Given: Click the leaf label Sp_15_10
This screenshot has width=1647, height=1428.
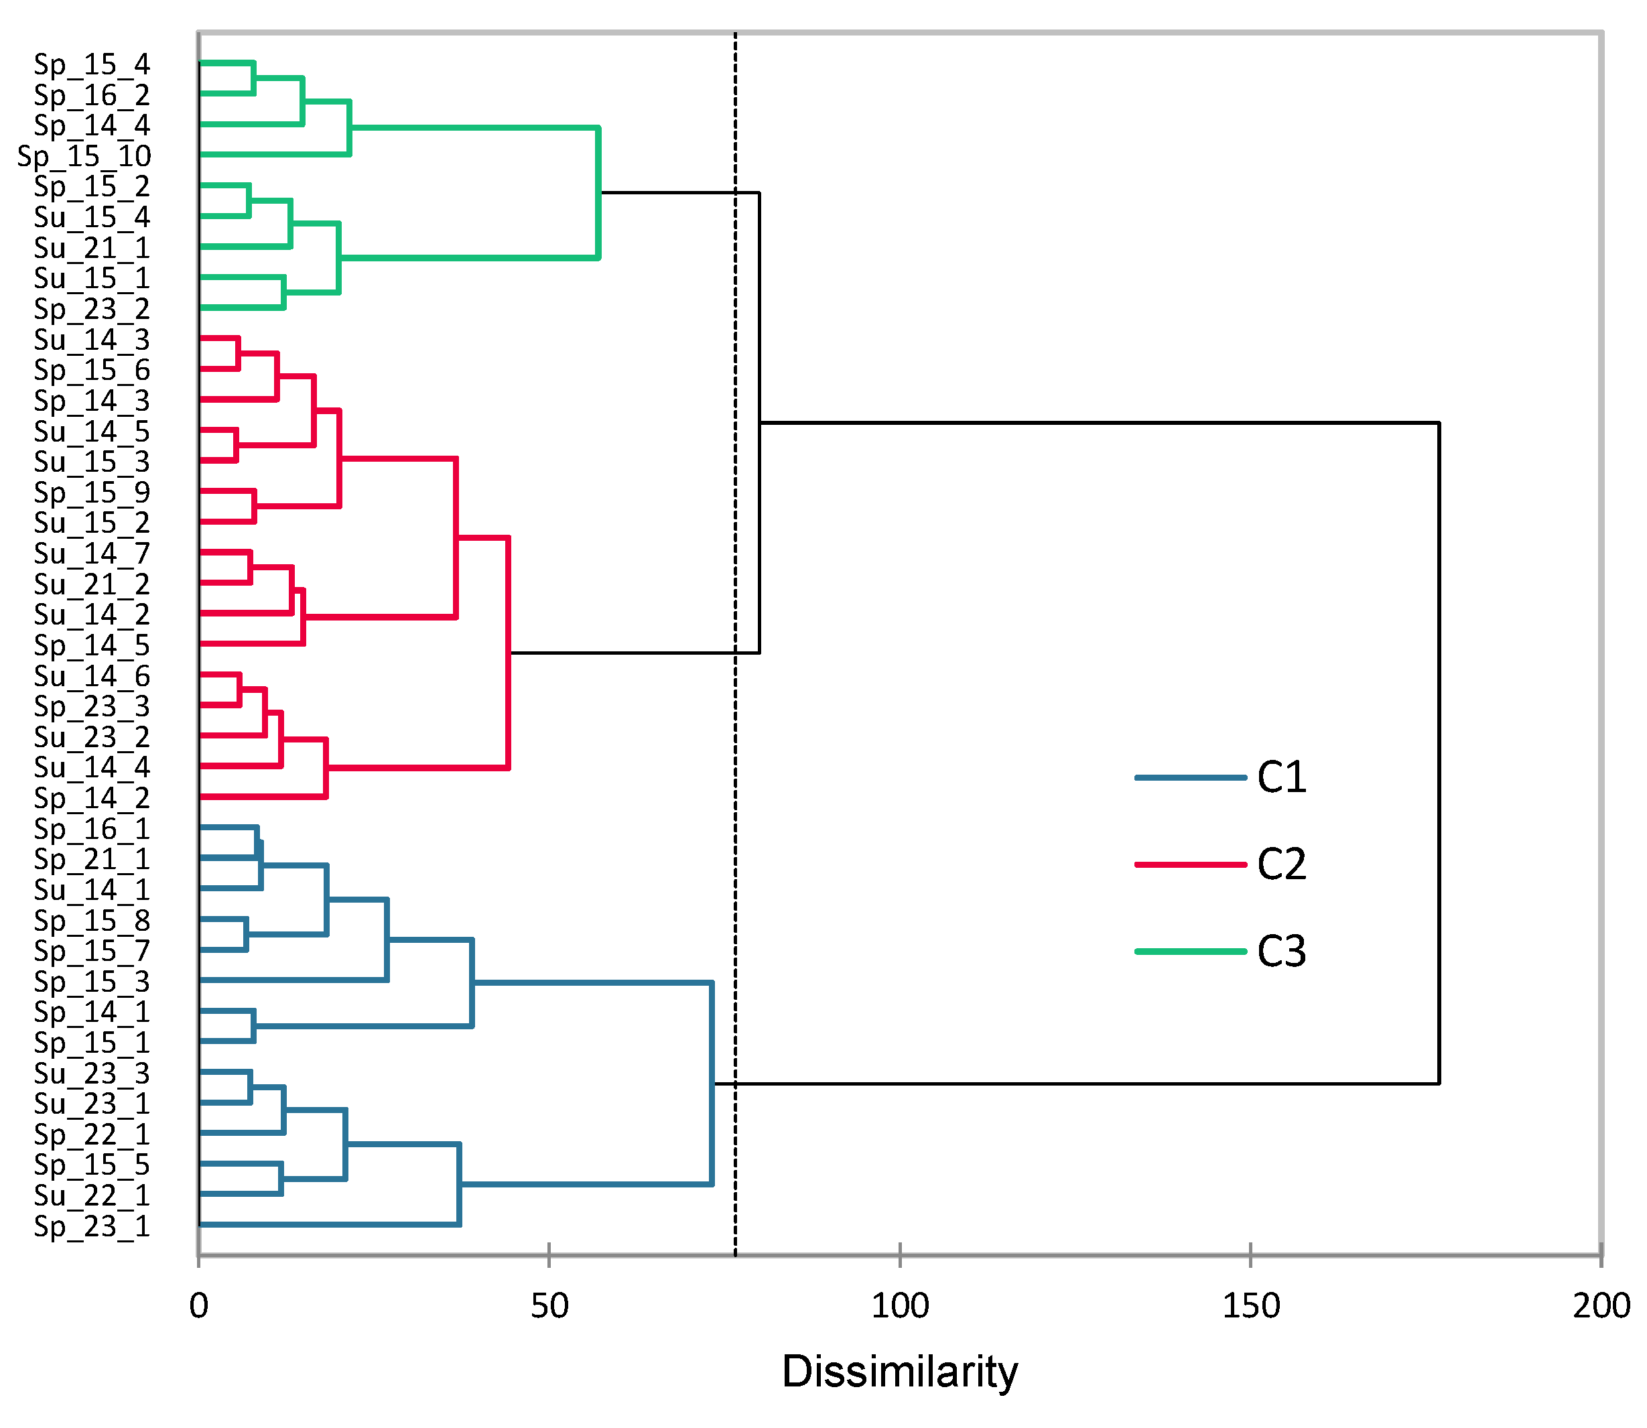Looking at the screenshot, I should (84, 156).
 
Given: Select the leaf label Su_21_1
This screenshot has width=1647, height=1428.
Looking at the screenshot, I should (92, 248).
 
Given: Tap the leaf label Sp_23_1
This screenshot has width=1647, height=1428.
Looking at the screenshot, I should (92, 1226).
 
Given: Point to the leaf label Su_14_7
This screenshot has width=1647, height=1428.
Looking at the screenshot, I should (92, 553).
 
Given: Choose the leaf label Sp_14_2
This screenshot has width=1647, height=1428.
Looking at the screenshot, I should (92, 797).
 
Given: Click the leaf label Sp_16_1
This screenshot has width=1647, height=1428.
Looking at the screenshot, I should (92, 829).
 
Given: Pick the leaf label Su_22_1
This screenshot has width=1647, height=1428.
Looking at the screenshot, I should (92, 1195).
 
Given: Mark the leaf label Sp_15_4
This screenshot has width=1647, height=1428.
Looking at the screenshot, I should (92, 64).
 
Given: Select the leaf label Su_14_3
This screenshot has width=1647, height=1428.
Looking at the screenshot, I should (92, 340).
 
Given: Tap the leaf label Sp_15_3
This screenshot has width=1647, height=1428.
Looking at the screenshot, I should (92, 981).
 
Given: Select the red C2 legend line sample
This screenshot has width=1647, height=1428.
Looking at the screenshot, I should (1191, 864).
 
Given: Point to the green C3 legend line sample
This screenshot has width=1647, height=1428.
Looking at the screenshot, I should (1191, 951).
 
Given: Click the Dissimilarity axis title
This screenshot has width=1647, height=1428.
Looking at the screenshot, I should (900, 1372).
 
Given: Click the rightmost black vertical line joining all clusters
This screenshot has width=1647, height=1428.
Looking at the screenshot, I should (1439, 753).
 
